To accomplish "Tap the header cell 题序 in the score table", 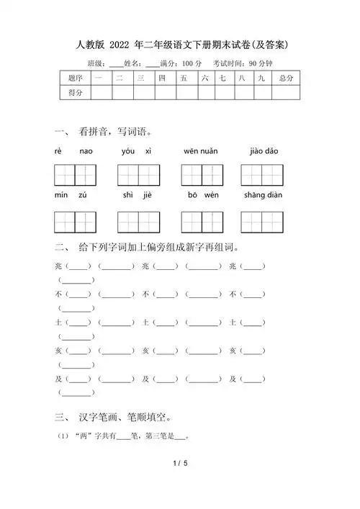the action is (x=75, y=77).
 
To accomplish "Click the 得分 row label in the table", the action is (x=75, y=92).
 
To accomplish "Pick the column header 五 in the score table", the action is (x=185, y=77).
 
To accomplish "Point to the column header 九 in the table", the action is (x=262, y=77).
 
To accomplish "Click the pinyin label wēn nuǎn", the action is (x=201, y=151).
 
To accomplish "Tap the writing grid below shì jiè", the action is (x=138, y=222).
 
